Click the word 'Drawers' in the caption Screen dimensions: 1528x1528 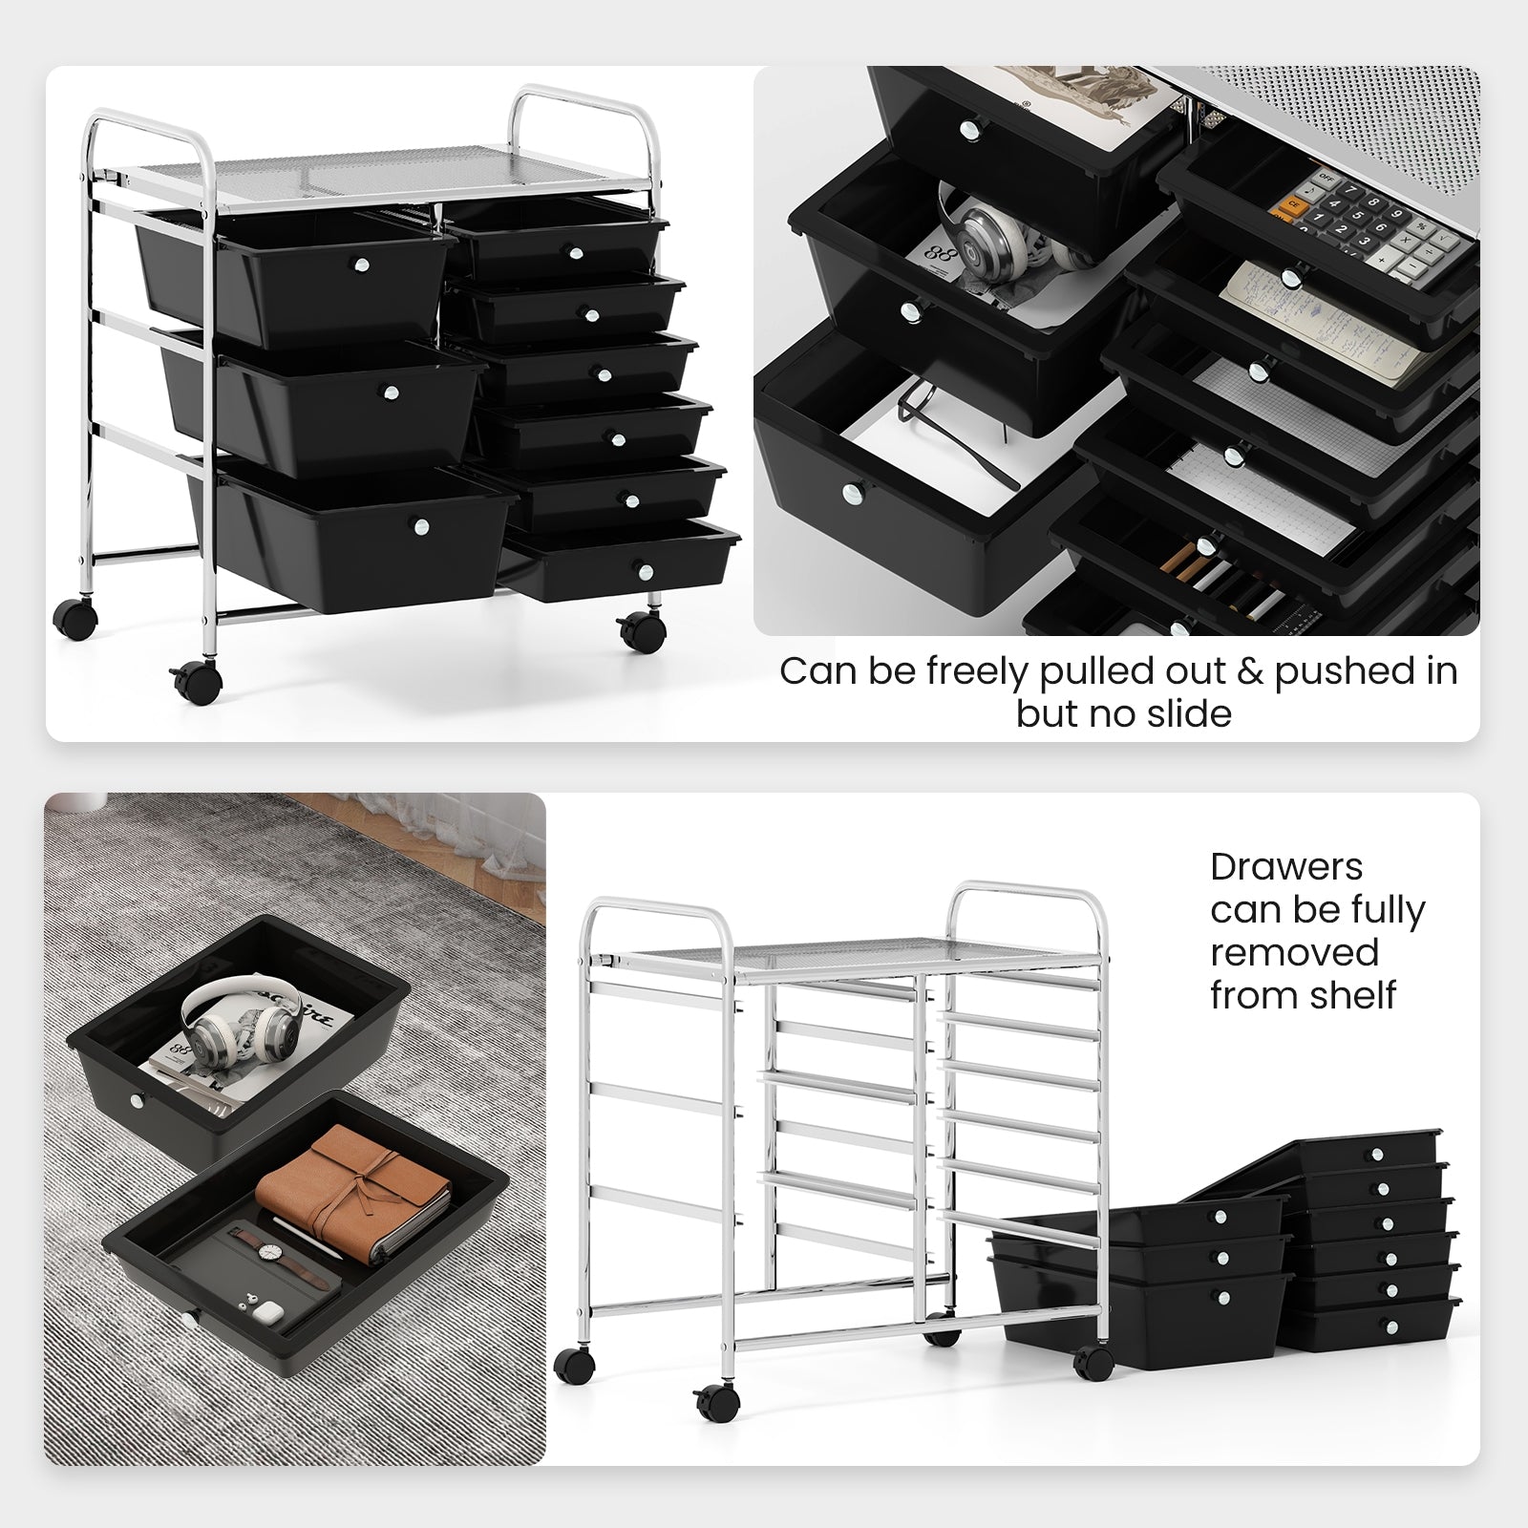(1286, 866)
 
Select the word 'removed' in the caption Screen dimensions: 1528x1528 (1294, 952)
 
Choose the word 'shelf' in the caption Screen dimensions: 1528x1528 (1350, 995)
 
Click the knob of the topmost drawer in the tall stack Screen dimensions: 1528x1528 (1378, 1156)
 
